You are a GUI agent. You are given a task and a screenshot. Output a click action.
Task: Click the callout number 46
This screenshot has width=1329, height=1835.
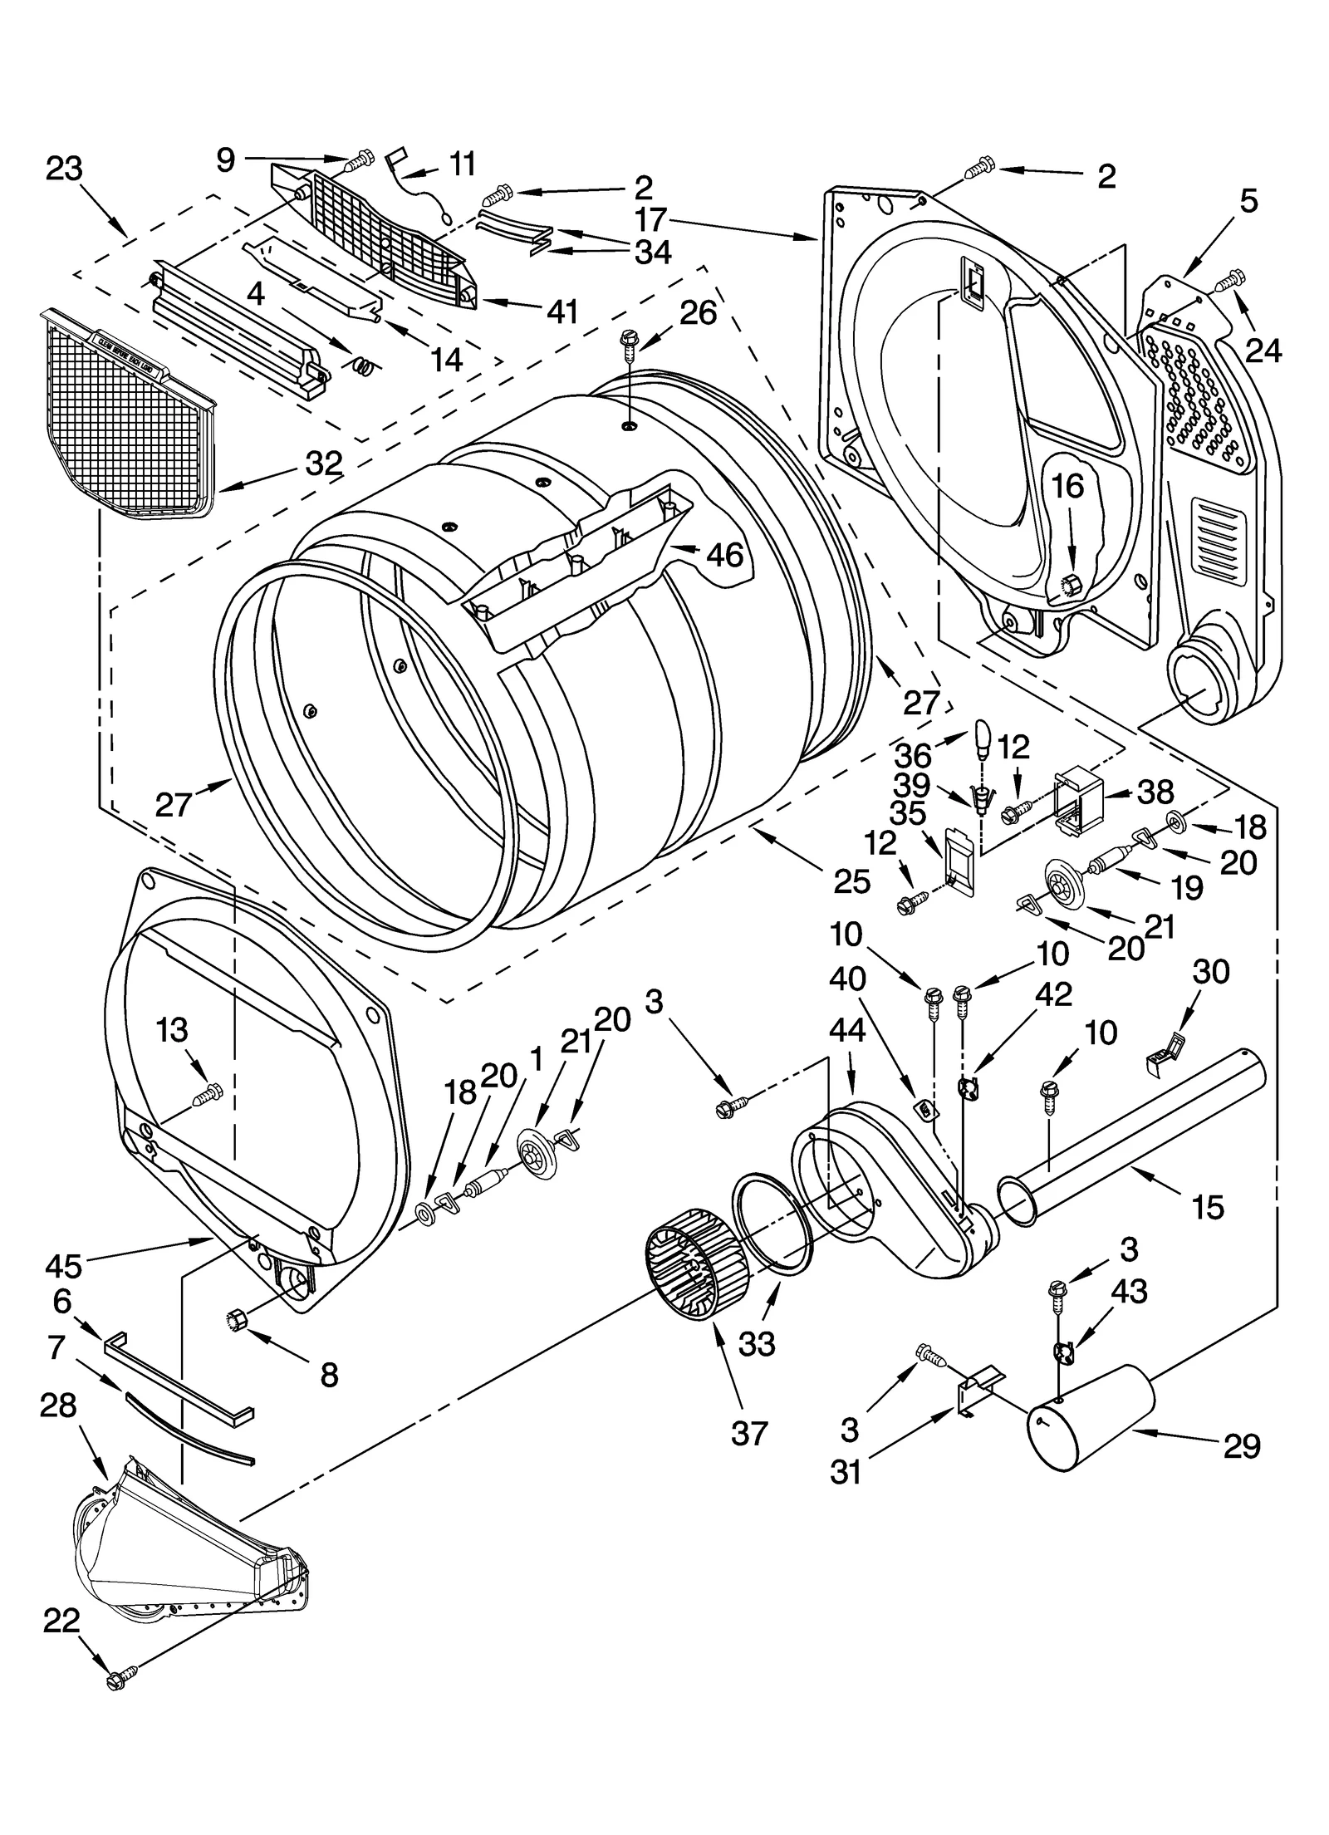pos(724,554)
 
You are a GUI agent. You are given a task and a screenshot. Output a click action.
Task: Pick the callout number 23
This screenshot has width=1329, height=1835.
pos(64,169)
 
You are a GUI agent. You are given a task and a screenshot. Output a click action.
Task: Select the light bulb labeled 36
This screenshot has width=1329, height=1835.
pos(982,737)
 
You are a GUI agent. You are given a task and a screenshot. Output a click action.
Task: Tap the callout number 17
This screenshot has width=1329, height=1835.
pos(650,219)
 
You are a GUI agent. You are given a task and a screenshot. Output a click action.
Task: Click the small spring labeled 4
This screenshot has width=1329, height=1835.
pos(364,363)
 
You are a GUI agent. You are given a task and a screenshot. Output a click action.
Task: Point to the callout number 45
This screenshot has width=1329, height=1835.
pos(63,1265)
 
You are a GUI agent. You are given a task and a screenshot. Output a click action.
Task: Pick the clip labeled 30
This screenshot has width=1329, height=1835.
pos(1165,1048)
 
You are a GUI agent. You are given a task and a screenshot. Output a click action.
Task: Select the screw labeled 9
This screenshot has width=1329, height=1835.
pos(360,162)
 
